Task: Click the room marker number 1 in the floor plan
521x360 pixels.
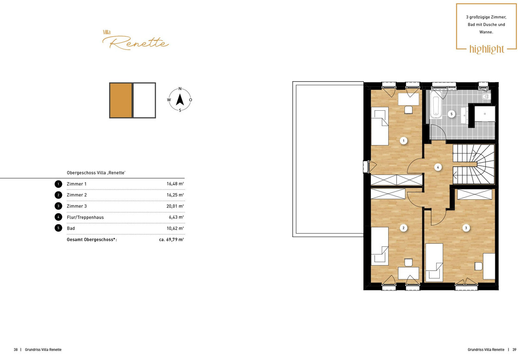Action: [x=403, y=141]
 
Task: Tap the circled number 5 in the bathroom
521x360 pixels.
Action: [x=452, y=114]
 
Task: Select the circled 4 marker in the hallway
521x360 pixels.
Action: [x=438, y=167]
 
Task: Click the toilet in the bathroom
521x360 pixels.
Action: [x=486, y=96]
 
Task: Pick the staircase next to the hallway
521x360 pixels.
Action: [x=474, y=164]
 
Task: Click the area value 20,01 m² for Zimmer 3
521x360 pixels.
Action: [x=175, y=206]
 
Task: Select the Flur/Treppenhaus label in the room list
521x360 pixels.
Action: [x=85, y=218]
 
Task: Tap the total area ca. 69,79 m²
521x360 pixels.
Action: [x=171, y=239]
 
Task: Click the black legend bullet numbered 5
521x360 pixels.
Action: [x=58, y=228]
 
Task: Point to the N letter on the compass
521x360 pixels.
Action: [x=180, y=89]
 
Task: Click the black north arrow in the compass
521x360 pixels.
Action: [x=180, y=99]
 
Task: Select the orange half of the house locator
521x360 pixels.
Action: [x=121, y=100]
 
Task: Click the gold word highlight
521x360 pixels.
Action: [x=487, y=49]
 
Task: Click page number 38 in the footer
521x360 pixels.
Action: [x=16, y=350]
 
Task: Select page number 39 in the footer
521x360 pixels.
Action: [x=514, y=350]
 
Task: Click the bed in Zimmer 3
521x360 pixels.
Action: [x=434, y=262]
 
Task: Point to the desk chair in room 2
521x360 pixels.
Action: [x=409, y=262]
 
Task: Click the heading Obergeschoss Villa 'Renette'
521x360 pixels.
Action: [x=96, y=173]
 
